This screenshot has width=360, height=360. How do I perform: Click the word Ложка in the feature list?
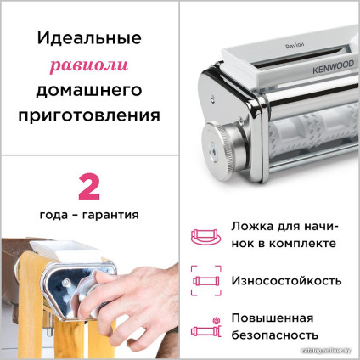pos(252,227)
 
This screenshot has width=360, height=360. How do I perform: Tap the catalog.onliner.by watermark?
pos(332,355)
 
